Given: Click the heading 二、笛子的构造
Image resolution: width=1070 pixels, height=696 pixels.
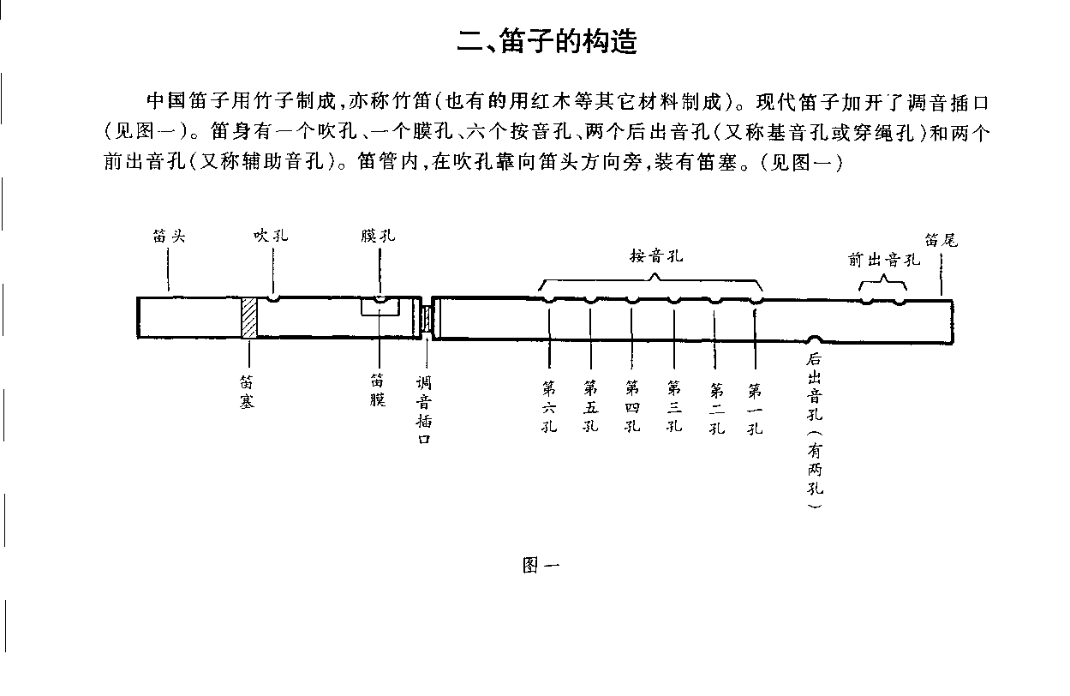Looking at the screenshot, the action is (547, 41).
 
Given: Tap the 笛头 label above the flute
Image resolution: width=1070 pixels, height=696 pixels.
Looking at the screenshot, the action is (169, 236).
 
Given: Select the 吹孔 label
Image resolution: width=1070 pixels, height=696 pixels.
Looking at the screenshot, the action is (271, 235).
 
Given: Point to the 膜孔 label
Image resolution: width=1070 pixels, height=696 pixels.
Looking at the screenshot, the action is (379, 235).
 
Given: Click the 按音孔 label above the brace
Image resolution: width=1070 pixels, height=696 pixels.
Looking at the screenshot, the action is (656, 255).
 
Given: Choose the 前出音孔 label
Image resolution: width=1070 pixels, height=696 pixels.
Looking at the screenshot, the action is (884, 260).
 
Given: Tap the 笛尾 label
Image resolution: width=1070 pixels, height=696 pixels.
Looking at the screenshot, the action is (941, 240).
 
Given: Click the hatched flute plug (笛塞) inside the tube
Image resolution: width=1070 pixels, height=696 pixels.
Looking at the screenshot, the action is (249, 318).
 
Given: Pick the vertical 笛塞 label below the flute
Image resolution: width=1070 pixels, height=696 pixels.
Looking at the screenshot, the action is (247, 392).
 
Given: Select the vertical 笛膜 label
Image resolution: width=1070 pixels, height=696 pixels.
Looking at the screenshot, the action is (378, 390).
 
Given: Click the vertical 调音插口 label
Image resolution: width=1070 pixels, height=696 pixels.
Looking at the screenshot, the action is (424, 410).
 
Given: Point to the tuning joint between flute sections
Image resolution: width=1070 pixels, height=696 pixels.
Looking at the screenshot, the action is (427, 319).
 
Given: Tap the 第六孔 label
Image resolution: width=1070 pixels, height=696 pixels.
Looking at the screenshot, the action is (549, 407).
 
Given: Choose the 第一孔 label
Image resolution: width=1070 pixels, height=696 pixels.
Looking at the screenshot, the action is (755, 409).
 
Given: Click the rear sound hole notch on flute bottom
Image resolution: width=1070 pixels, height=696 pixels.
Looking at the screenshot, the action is (815, 339).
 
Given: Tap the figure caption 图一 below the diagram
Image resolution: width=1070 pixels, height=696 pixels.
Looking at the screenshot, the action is (541, 565).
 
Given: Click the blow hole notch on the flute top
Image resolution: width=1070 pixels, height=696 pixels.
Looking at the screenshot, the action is (273, 299).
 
